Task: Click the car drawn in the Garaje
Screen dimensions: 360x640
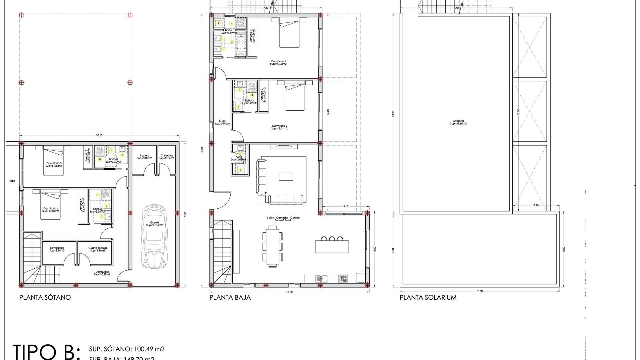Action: point(154,237)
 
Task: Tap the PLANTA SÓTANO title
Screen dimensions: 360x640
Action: point(45,297)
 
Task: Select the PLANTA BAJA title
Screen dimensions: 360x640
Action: point(230,297)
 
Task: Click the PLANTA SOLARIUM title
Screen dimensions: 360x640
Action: point(428,297)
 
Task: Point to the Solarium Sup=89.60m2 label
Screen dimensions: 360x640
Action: point(458,122)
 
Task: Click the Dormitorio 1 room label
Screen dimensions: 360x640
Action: point(278,62)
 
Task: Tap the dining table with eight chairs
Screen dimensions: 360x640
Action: point(273,246)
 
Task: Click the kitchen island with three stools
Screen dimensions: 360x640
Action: point(332,246)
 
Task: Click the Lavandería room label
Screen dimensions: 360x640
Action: point(57,249)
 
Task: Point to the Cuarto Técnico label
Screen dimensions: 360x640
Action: point(98,249)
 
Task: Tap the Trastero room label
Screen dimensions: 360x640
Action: point(144,157)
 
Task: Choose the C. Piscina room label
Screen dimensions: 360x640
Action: point(166,157)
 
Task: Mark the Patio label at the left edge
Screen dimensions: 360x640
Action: point(12,181)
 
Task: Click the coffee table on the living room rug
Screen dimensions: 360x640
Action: point(286,176)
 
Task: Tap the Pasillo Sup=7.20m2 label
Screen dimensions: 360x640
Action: point(222,123)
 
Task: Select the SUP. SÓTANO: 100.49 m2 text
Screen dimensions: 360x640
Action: point(127,349)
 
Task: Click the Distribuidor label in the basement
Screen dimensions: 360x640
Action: point(102,273)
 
